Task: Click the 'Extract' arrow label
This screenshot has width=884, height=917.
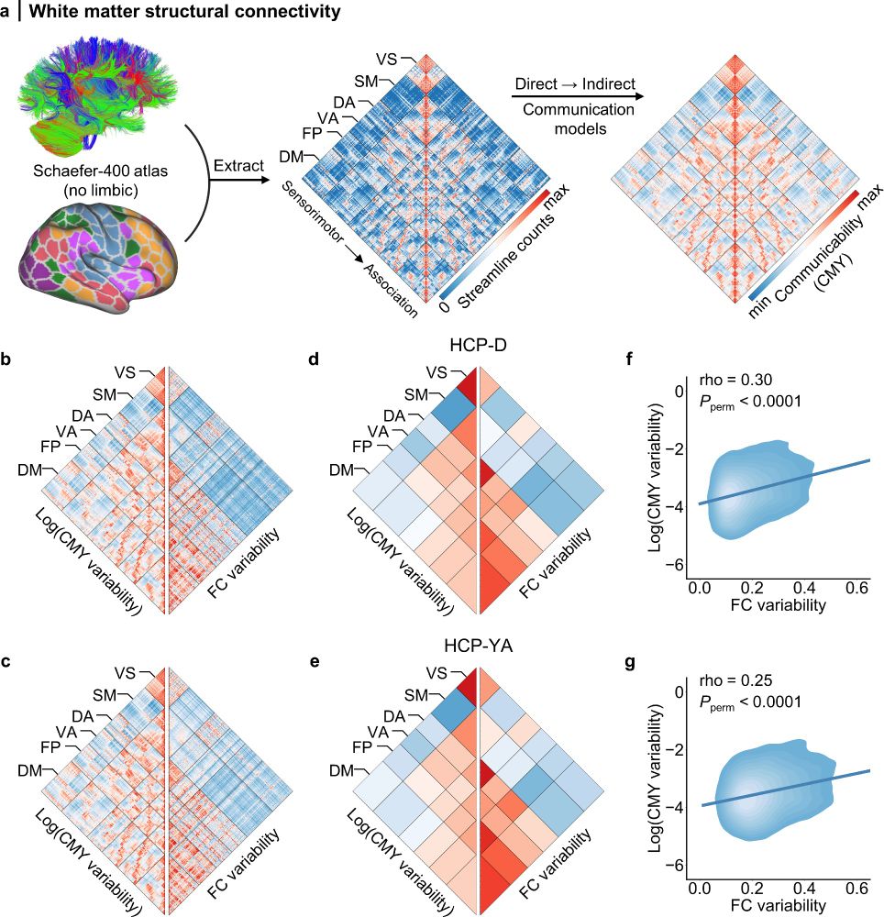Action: (237, 166)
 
